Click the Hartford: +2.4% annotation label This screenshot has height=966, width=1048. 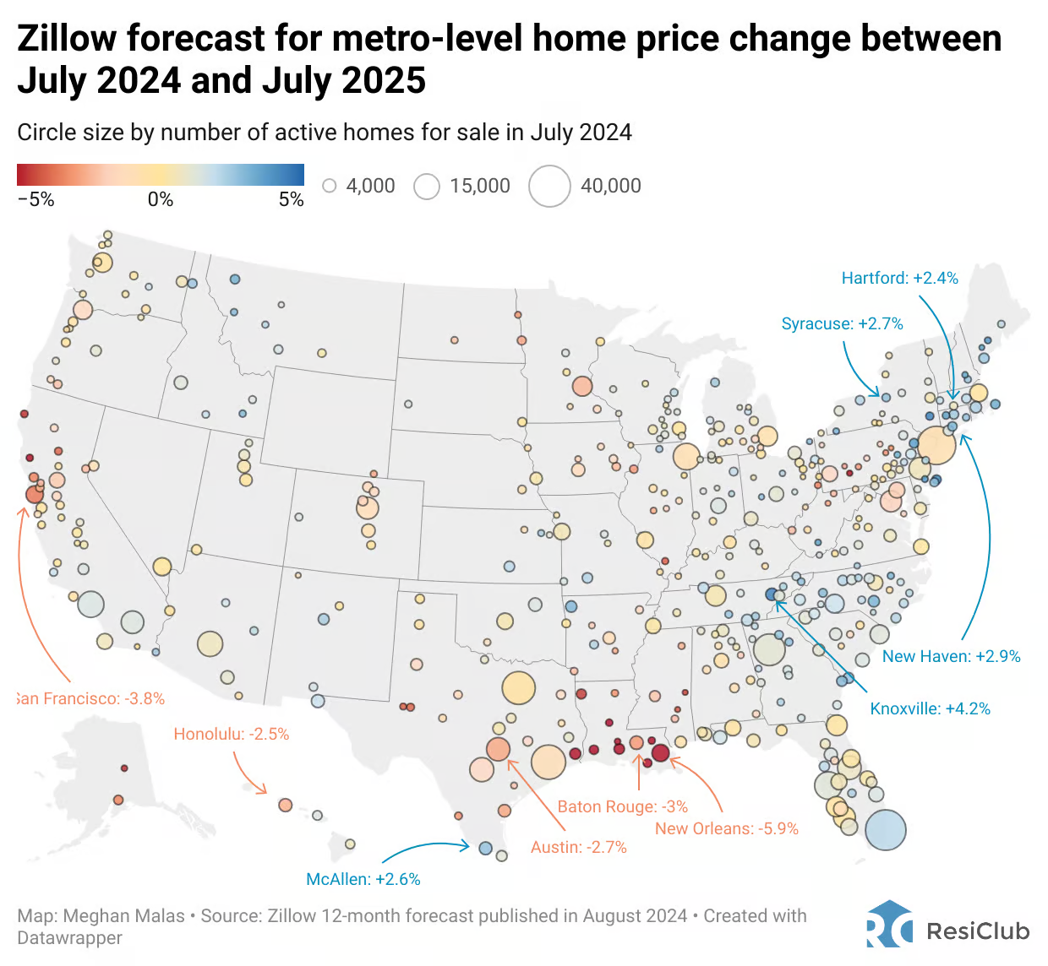(899, 278)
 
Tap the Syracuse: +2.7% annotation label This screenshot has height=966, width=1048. (842, 323)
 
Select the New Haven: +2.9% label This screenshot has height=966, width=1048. (951, 656)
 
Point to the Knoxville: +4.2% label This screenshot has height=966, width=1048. (930, 708)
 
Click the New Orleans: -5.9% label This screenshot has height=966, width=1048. (726, 828)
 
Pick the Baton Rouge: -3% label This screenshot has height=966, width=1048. (622, 806)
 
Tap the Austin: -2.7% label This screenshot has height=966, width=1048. (578, 847)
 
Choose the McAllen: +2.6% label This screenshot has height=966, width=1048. (363, 879)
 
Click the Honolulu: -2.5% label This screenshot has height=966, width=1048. (231, 734)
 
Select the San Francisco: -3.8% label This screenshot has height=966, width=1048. (90, 698)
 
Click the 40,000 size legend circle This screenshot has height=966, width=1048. (549, 186)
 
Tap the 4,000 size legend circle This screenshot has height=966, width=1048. (330, 186)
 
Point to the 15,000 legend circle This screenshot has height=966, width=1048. (427, 186)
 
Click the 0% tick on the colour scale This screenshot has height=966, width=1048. (160, 199)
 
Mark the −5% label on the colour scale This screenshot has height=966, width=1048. (35, 199)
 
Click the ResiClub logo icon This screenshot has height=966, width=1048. (889, 924)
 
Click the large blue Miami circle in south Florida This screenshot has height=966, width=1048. (885, 829)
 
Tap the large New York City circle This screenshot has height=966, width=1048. (936, 445)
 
